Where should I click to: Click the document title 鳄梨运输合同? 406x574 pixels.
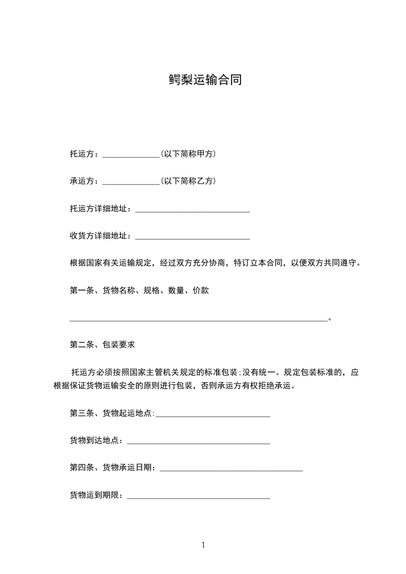pos(205,80)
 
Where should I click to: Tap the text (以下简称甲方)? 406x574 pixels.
pos(188,153)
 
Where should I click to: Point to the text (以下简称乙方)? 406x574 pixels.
pos(188,181)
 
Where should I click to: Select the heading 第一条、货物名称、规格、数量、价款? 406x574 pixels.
pos(139,291)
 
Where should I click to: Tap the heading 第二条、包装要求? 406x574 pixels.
pos(102,345)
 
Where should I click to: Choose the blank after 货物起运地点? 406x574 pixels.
pos(213,415)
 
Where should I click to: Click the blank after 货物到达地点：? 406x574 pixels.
pos(198,443)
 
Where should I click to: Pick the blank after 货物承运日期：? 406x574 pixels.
pos(231,470)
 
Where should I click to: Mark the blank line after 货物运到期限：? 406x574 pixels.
pos(198,497)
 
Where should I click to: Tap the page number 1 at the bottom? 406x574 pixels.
pos(203,545)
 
